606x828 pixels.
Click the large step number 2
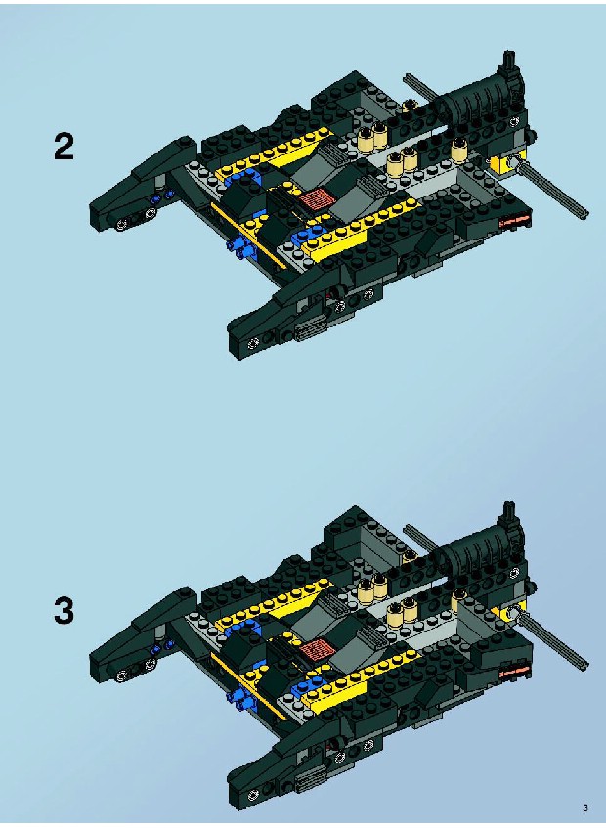click(x=64, y=147)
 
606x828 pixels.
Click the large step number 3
click(x=64, y=611)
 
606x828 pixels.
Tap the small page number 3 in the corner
click(x=584, y=807)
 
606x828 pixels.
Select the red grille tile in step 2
click(x=317, y=199)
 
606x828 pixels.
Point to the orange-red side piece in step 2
click(x=514, y=222)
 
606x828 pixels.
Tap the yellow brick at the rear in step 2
click(x=504, y=162)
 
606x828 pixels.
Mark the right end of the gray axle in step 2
click(x=585, y=214)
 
